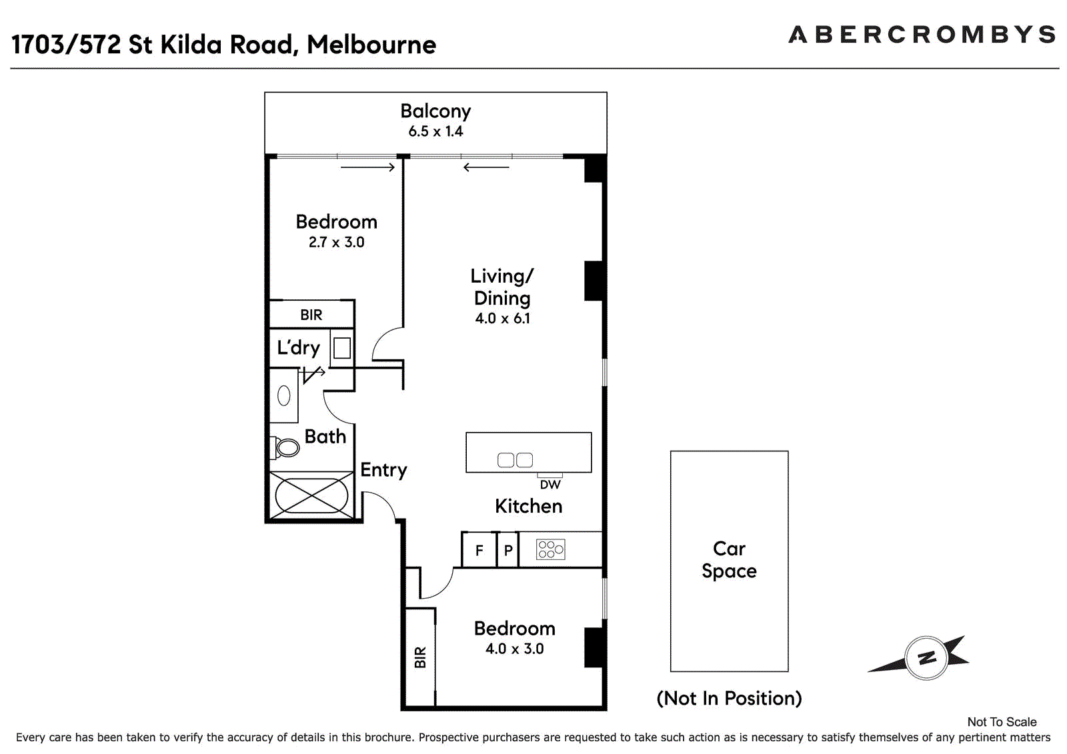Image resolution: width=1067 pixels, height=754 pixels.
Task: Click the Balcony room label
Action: [435, 111]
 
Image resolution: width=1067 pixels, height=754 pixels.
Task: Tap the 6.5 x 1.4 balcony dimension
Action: [435, 131]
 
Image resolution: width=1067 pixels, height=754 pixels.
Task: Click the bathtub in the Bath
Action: [311, 495]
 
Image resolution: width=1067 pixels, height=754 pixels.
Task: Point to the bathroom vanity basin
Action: [284, 396]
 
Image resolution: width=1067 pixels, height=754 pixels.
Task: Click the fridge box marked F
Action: [479, 550]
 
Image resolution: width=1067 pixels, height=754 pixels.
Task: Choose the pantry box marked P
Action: [507, 550]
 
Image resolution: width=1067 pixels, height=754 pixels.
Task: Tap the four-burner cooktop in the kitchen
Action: [550, 549]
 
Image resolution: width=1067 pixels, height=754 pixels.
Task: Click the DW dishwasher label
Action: [550, 485]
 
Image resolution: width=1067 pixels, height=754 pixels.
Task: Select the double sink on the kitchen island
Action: [515, 459]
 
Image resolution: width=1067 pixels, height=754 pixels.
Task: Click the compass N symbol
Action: [926, 658]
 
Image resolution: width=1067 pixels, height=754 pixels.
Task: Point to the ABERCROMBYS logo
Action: [922, 35]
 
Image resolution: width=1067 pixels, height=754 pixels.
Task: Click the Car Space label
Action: [730, 559]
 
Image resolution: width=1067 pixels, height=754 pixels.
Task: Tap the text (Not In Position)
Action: [730, 698]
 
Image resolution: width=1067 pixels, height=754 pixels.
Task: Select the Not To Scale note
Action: [1002, 722]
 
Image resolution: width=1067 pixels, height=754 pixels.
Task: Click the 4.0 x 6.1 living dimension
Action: [502, 318]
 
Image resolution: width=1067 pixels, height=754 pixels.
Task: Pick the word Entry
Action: [383, 470]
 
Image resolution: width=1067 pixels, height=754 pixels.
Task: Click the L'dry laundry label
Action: [298, 347]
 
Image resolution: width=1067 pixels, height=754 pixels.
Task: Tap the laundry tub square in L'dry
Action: [342, 348]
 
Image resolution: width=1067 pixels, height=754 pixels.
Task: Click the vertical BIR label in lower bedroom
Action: [420, 657]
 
